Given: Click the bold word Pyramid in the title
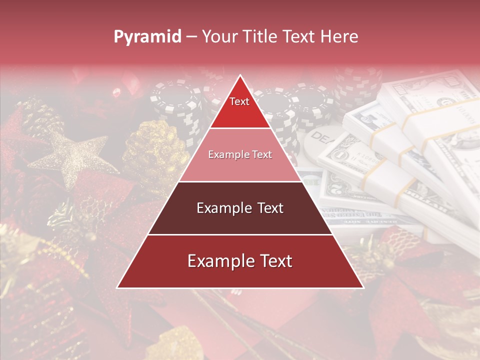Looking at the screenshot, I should (147, 36).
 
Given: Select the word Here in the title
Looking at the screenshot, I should (340, 36).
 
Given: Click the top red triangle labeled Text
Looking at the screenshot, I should (240, 107).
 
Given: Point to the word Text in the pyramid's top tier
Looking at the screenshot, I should (239, 101).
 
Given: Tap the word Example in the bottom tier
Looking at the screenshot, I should (218, 261).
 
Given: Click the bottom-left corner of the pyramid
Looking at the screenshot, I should (117, 287).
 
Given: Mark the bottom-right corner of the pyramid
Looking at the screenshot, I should (363, 287).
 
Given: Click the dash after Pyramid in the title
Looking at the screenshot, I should (191, 37).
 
